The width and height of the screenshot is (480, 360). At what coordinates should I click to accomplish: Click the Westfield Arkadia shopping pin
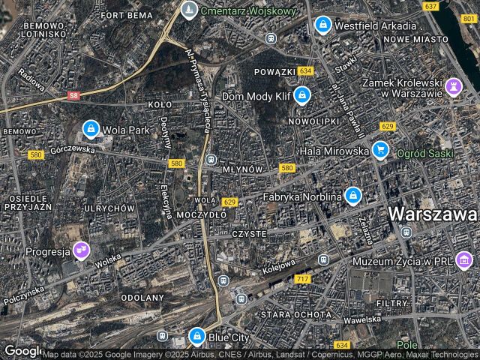pos(322,25)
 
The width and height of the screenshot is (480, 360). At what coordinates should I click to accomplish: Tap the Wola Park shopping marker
pos(91,129)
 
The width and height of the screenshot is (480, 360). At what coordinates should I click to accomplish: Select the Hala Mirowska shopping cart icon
pos(380,150)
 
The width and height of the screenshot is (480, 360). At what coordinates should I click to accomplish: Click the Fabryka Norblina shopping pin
pos(352,196)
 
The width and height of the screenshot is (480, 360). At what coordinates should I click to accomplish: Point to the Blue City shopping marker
pos(196,336)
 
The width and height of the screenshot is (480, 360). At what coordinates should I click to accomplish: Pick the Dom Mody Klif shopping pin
pos(301,95)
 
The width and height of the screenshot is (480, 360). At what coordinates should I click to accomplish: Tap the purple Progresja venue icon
pos(81,250)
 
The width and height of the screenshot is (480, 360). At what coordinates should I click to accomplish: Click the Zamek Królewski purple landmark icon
pos(453,86)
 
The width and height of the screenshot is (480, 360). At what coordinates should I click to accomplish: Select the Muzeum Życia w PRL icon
pos(464,260)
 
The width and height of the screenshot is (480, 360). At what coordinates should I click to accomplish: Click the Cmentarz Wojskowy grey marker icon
pos(189,10)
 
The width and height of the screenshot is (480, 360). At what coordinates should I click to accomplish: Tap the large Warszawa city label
pos(433,214)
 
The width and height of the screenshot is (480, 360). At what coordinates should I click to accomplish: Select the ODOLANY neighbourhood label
pos(142,298)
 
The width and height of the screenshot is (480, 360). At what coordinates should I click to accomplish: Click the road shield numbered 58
pos(73,95)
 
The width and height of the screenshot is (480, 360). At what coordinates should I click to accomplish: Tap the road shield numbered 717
pos(303,279)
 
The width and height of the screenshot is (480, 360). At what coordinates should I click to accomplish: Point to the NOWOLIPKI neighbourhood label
pos(313,121)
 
